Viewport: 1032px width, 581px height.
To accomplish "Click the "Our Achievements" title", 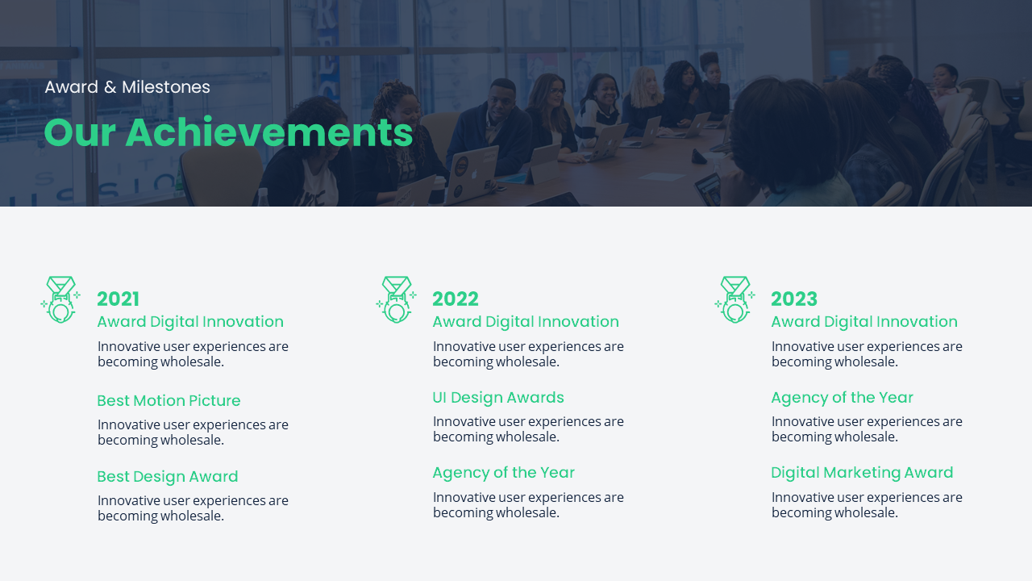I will pos(228,133).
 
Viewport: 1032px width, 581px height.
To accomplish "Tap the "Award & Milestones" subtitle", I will pos(127,87).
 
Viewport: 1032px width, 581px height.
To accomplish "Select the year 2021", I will pos(119,299).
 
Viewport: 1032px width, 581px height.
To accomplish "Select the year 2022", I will pos(456,299).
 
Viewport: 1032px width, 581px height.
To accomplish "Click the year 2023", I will pos(794,299).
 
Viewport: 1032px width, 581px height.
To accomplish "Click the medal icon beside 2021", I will pos(60,299).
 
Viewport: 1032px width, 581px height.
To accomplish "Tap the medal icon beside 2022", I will pos(396,299).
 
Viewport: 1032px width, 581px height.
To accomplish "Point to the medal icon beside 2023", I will pos(734,299).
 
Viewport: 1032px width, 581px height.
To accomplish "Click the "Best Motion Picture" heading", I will pos(169,400).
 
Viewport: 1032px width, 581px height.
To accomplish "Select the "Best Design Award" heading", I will pos(168,476).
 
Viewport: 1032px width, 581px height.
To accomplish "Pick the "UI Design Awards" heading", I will pos(498,397).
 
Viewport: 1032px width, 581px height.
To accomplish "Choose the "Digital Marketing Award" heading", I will pos(862,472).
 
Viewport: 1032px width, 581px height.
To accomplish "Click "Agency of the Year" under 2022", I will pos(503,472).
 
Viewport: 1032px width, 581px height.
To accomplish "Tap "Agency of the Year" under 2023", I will pos(842,397).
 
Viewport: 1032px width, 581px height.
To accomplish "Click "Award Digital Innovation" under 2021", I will pos(190,321).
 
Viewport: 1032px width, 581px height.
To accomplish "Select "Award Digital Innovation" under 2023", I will pos(864,321).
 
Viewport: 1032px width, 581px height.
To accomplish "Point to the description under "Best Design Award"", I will pos(193,508).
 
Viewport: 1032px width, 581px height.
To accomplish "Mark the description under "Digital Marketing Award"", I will pos(867,504).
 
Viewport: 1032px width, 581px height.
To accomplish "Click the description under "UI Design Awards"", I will pos(528,428).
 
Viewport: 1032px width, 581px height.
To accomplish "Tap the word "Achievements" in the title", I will pos(269,133).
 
